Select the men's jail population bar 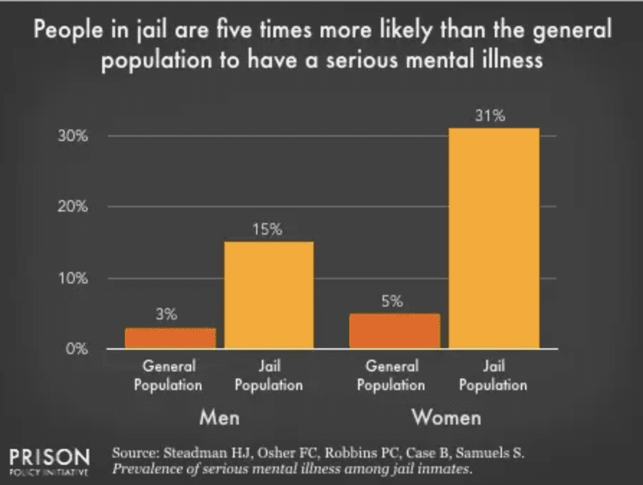[269, 295]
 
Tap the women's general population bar [394, 331]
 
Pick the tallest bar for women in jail [493, 238]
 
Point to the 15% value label [269, 230]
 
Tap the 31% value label [493, 116]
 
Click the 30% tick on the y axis [73, 137]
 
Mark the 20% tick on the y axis [73, 207]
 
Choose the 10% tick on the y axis [73, 278]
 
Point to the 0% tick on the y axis [76, 350]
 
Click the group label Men [219, 417]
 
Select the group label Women [446, 417]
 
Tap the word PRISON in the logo [50, 456]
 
